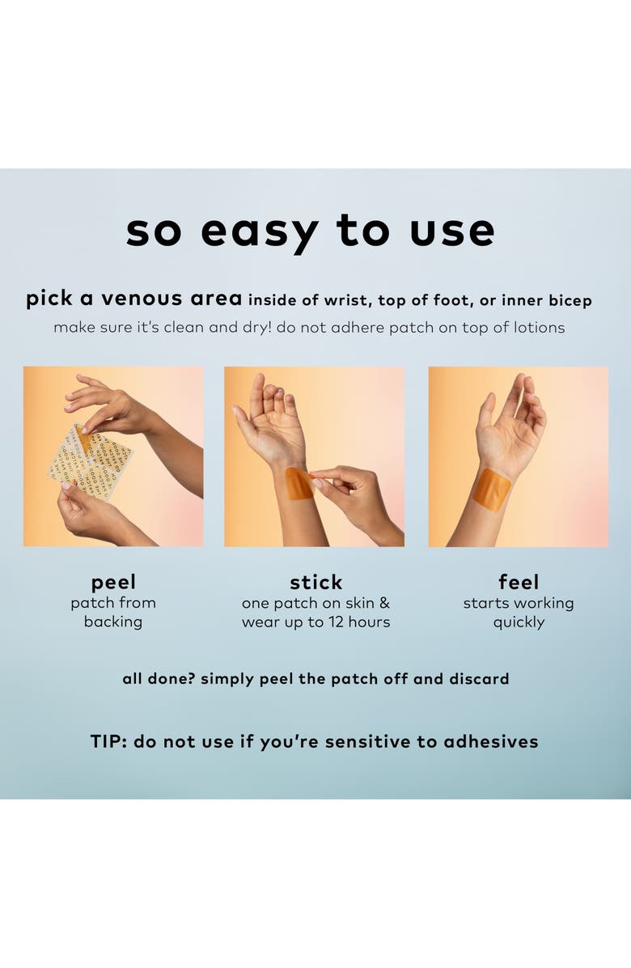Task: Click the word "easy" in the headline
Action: pos(259,232)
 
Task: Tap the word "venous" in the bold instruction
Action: pos(142,299)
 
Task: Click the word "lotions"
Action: pos(539,328)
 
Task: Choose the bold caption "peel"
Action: pos(113,583)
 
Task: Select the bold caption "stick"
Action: pos(315,582)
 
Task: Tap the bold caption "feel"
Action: pos(518,582)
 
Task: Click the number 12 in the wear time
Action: pos(336,622)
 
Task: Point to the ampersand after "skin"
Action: pos(384,602)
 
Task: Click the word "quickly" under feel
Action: pos(518,623)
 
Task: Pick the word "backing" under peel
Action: pos(113,622)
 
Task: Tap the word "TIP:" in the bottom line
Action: pos(108,741)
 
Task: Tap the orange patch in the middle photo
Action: pos(299,484)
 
